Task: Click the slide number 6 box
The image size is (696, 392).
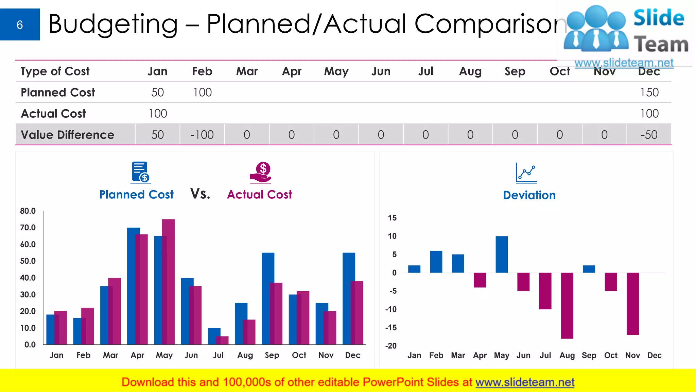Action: pyautogui.click(x=20, y=24)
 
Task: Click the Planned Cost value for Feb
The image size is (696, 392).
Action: pyautogui.click(x=202, y=92)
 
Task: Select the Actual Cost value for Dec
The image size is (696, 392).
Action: pyautogui.click(x=649, y=114)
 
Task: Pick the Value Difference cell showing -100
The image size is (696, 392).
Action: pyautogui.click(x=202, y=135)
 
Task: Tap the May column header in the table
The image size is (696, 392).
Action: pyautogui.click(x=336, y=71)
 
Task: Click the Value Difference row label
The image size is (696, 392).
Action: pyautogui.click(x=67, y=135)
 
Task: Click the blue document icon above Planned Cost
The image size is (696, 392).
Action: pyautogui.click(x=140, y=172)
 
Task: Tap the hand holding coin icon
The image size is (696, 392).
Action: pyautogui.click(x=260, y=172)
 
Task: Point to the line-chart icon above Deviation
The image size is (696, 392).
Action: pyautogui.click(x=526, y=173)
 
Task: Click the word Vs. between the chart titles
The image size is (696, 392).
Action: pyautogui.click(x=200, y=194)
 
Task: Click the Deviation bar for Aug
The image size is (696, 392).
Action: pyautogui.click(x=567, y=305)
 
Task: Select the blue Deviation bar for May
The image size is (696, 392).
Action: pyautogui.click(x=502, y=254)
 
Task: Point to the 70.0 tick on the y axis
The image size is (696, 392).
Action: pyautogui.click(x=28, y=228)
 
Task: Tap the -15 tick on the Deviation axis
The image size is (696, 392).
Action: pyautogui.click(x=391, y=328)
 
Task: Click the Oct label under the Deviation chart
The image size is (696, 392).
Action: pyautogui.click(x=610, y=356)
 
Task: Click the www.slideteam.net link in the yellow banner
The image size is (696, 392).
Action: pyautogui.click(x=525, y=382)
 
